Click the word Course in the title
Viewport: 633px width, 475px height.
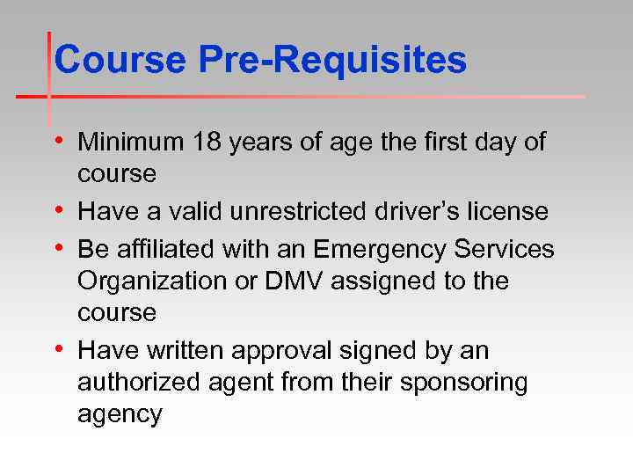pos(120,60)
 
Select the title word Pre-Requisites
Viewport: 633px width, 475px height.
pos(331,60)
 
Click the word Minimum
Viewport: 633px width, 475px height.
pos(130,142)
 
